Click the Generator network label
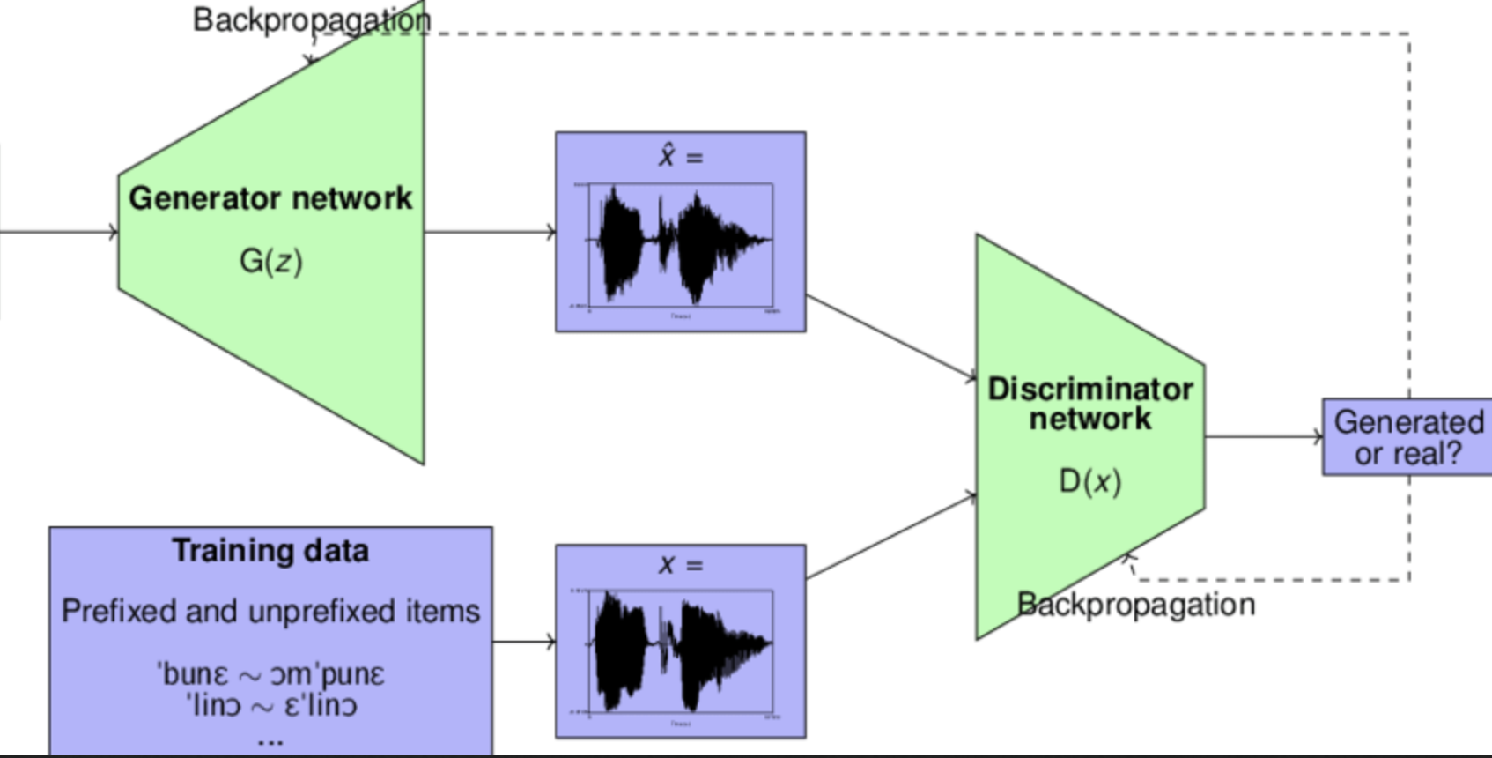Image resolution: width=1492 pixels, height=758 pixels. click(270, 198)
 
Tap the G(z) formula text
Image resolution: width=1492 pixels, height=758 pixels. click(270, 261)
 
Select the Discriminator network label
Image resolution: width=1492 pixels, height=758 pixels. click(1090, 404)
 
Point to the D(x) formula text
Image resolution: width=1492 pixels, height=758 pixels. click(1090, 481)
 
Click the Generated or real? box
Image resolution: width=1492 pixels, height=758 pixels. click(1407, 437)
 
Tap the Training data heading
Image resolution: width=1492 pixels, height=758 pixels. click(270, 551)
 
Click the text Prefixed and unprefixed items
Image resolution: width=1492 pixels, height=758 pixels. click(270, 611)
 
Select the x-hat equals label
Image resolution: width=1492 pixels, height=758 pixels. click(680, 157)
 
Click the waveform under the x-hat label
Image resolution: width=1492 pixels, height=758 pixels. click(680, 242)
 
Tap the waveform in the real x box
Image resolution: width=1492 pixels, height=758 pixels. click(680, 651)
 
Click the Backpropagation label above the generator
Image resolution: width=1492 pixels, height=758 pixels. click(312, 19)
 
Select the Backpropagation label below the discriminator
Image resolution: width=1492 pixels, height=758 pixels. click(1136, 605)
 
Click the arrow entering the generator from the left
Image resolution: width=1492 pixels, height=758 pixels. click(58, 232)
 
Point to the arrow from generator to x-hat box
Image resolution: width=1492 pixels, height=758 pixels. click(490, 232)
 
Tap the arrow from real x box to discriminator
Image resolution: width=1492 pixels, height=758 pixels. click(890, 537)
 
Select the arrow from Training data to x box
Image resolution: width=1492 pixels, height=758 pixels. click(524, 642)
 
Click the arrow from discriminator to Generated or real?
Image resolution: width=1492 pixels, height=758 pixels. click(1263, 436)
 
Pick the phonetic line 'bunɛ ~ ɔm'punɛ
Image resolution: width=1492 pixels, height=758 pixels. click(270, 674)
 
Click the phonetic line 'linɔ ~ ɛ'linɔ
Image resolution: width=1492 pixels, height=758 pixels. click(270, 706)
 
